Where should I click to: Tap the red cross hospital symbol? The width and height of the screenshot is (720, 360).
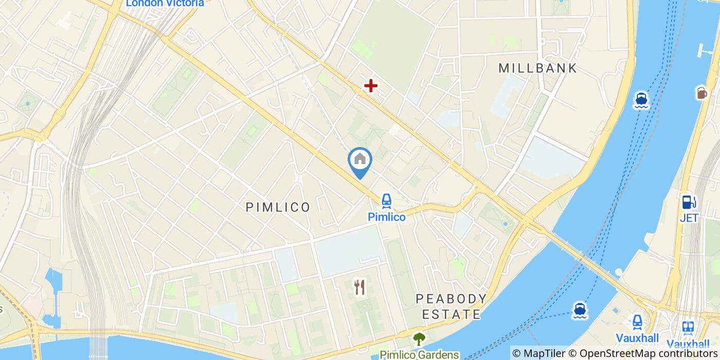(x=370, y=86)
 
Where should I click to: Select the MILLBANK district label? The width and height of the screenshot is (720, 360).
(x=538, y=68)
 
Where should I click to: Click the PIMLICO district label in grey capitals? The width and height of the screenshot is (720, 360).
(x=278, y=207)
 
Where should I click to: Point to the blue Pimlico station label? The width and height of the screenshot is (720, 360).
(x=386, y=217)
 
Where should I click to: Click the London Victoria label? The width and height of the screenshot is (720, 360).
(x=165, y=3)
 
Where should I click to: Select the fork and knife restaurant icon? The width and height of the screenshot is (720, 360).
(x=359, y=287)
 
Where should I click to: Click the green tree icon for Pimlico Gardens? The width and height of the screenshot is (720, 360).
(x=419, y=339)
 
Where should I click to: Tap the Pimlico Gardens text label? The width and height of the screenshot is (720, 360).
(x=419, y=354)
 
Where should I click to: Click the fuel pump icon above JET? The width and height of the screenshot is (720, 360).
(x=689, y=202)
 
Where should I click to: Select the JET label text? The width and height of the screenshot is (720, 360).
(x=689, y=218)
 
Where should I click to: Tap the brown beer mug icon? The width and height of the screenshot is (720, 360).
(x=701, y=93)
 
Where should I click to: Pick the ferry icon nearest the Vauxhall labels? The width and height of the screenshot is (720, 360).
(x=580, y=310)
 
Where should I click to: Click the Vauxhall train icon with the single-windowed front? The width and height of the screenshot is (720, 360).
(x=637, y=322)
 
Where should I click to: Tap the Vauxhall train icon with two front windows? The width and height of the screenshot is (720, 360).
(x=688, y=327)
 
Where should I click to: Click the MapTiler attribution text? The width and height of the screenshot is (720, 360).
(x=547, y=353)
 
